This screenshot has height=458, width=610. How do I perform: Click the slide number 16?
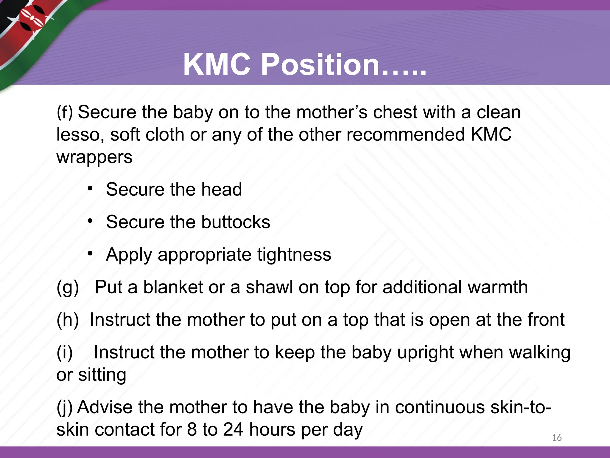(556, 438)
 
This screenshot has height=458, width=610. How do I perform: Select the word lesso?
(80, 134)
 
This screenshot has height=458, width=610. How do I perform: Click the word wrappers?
(94, 157)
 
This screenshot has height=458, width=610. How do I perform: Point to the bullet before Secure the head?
(90, 189)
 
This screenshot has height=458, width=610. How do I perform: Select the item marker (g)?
(68, 287)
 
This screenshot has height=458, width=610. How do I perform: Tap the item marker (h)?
(68, 320)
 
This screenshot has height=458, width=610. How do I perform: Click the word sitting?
(102, 375)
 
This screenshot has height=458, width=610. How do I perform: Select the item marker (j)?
(64, 407)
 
